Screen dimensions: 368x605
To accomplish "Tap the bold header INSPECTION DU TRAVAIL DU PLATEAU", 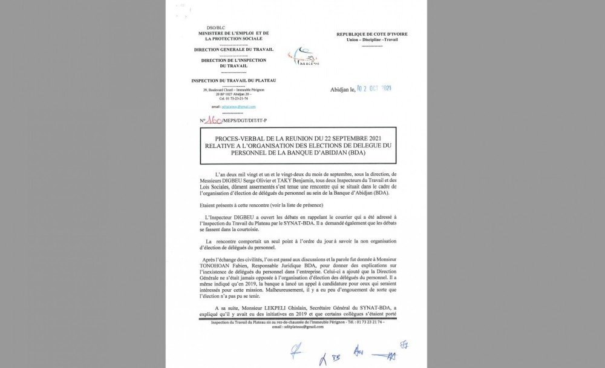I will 229,79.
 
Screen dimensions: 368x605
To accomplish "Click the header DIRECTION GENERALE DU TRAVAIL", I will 229,50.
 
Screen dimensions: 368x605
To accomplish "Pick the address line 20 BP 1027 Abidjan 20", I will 230,95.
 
